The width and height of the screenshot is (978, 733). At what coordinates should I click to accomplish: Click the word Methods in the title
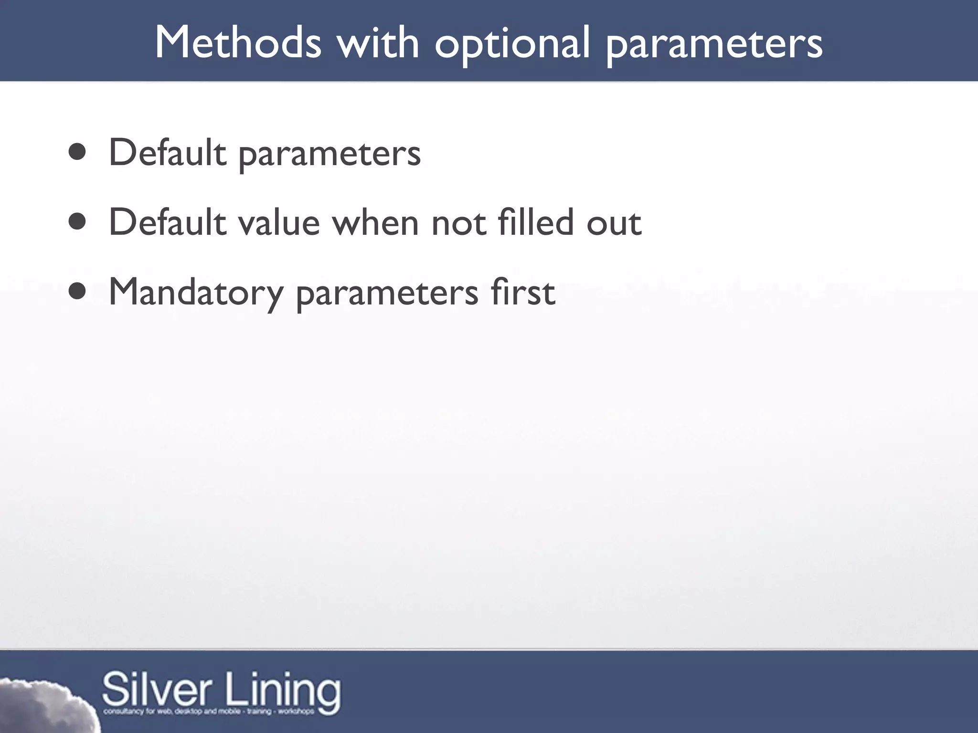pyautogui.click(x=238, y=43)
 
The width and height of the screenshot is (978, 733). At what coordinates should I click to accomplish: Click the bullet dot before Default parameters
pyautogui.click(x=77, y=152)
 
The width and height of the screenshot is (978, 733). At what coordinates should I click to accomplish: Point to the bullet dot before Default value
pyautogui.click(x=77, y=222)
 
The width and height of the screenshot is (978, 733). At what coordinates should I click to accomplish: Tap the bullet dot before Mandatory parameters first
pyautogui.click(x=77, y=292)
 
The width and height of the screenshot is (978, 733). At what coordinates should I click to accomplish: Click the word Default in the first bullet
pyautogui.click(x=167, y=152)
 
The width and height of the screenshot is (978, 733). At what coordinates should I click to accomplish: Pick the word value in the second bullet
pyautogui.click(x=278, y=223)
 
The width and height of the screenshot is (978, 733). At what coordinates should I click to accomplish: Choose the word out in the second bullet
pyautogui.click(x=614, y=224)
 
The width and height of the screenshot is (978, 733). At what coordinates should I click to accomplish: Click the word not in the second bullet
pyautogui.click(x=458, y=224)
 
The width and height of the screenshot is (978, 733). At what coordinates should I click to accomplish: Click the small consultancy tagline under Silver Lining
pyautogui.click(x=209, y=712)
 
